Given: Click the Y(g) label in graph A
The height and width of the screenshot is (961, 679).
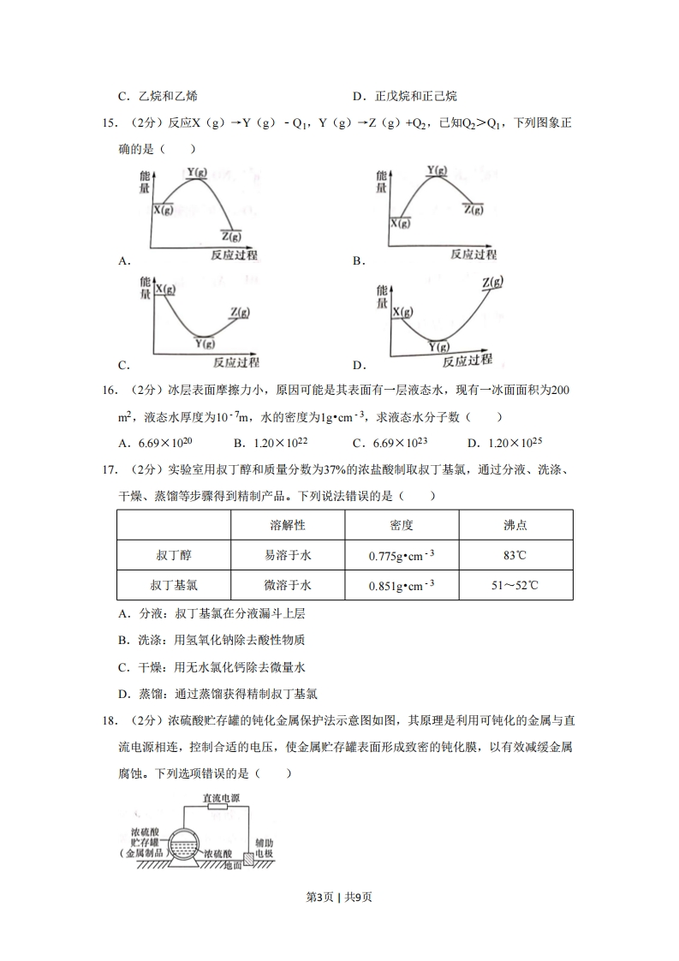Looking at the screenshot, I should [x=197, y=173].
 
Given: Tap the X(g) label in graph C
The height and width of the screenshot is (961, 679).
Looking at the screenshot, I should [x=164, y=289].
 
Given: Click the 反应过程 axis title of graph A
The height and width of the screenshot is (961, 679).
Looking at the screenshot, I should [x=234, y=254].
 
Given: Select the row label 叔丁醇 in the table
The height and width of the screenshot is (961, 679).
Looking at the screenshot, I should [x=174, y=555].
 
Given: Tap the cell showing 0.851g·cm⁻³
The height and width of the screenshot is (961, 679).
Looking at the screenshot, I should [x=402, y=586].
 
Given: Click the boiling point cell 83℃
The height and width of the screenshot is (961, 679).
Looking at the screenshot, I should [x=515, y=555].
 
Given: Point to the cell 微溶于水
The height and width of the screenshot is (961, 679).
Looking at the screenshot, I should [x=288, y=586].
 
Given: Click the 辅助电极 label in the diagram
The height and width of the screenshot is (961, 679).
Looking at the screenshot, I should [x=264, y=849].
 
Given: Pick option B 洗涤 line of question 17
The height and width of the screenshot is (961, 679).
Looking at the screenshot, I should [x=212, y=639].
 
